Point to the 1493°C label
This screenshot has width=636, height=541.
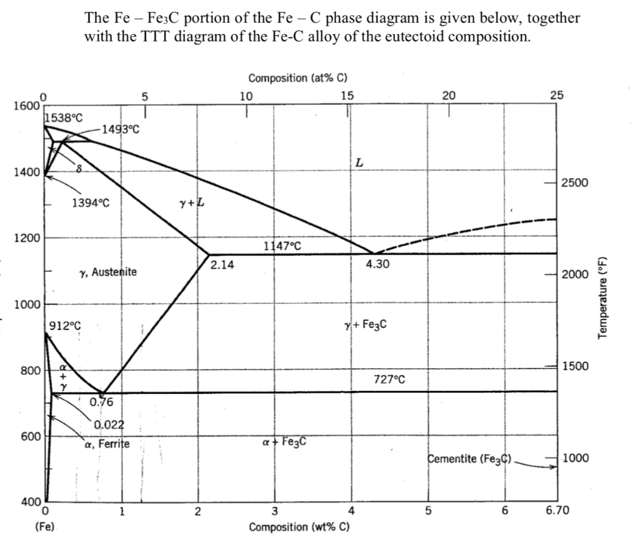pyautogui.click(x=122, y=129)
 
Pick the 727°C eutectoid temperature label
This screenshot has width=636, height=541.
pyautogui.click(x=389, y=379)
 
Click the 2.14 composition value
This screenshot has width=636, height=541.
pyautogui.click(x=222, y=265)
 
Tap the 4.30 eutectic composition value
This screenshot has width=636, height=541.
pyautogui.click(x=378, y=264)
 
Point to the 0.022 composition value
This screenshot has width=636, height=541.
pyautogui.click(x=110, y=424)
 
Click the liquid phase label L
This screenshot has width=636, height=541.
pyautogui.click(x=359, y=163)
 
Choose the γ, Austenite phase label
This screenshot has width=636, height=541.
pyautogui.click(x=109, y=272)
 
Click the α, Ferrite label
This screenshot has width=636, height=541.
pyautogui.click(x=106, y=444)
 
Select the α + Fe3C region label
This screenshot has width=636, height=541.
pyautogui.click(x=284, y=443)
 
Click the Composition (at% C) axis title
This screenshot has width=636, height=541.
pyautogui.click(x=297, y=79)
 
